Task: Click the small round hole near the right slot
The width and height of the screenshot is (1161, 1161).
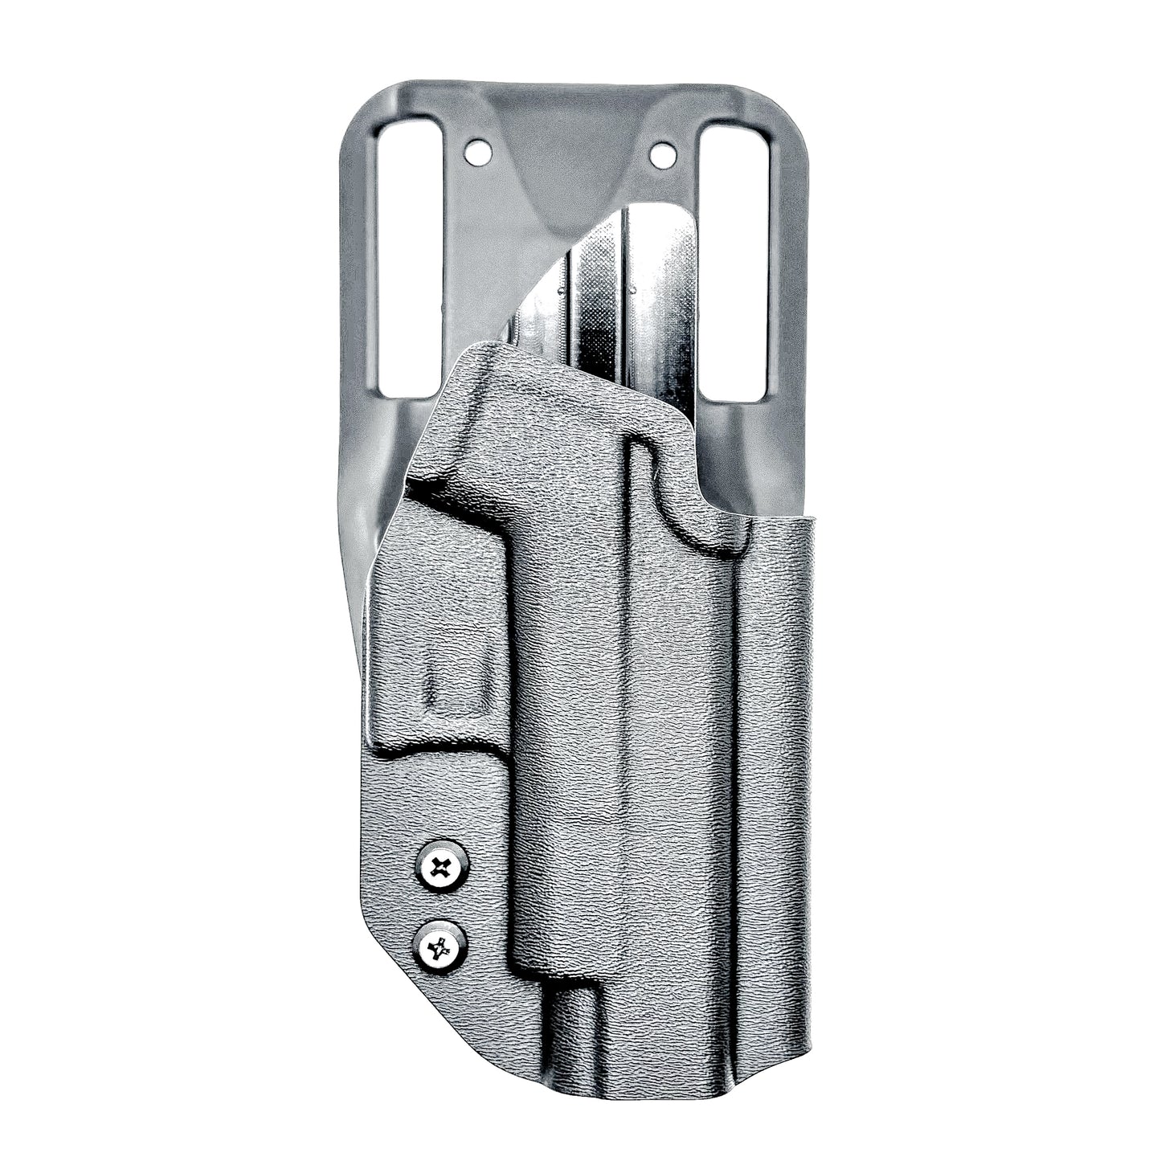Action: pyautogui.click(x=661, y=149)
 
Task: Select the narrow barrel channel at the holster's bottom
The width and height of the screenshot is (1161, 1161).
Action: pyautogui.click(x=570, y=1036)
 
